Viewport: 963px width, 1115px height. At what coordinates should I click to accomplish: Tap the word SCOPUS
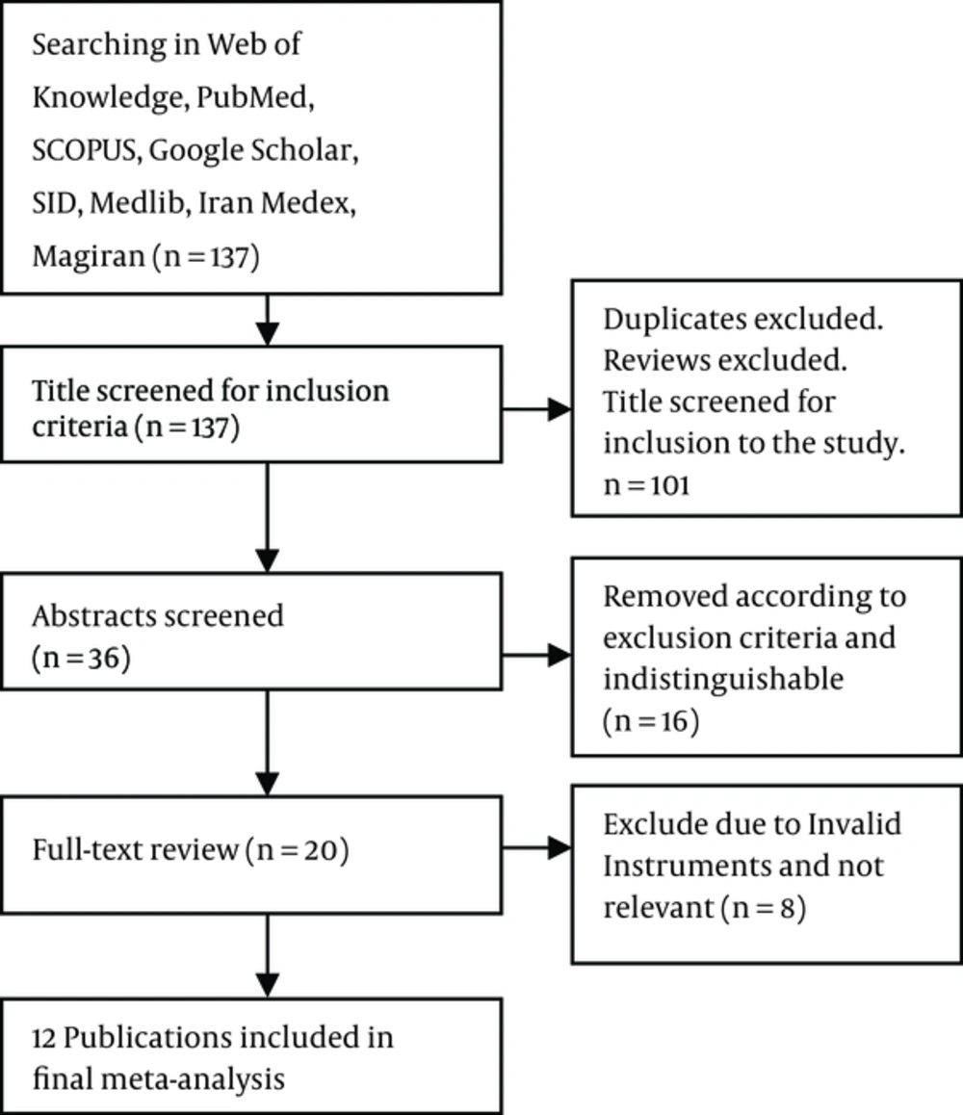(84, 150)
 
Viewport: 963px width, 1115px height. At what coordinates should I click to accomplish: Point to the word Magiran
(89, 257)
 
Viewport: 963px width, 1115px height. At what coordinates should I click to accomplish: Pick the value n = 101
(646, 485)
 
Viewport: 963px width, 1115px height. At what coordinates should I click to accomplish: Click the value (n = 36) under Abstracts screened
(81, 658)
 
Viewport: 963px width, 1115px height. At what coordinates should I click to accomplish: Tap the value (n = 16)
(651, 721)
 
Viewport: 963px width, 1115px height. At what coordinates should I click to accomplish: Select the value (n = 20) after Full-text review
(298, 850)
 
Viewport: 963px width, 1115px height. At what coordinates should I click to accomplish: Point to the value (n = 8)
(763, 908)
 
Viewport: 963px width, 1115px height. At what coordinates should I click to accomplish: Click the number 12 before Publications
(43, 1038)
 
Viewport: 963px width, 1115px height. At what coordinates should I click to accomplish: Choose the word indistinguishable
(723, 679)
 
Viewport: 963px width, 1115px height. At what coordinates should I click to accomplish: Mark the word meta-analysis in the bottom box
(193, 1079)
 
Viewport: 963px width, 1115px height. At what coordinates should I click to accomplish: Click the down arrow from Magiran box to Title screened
(268, 320)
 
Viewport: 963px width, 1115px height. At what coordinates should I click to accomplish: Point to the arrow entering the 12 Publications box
(268, 956)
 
